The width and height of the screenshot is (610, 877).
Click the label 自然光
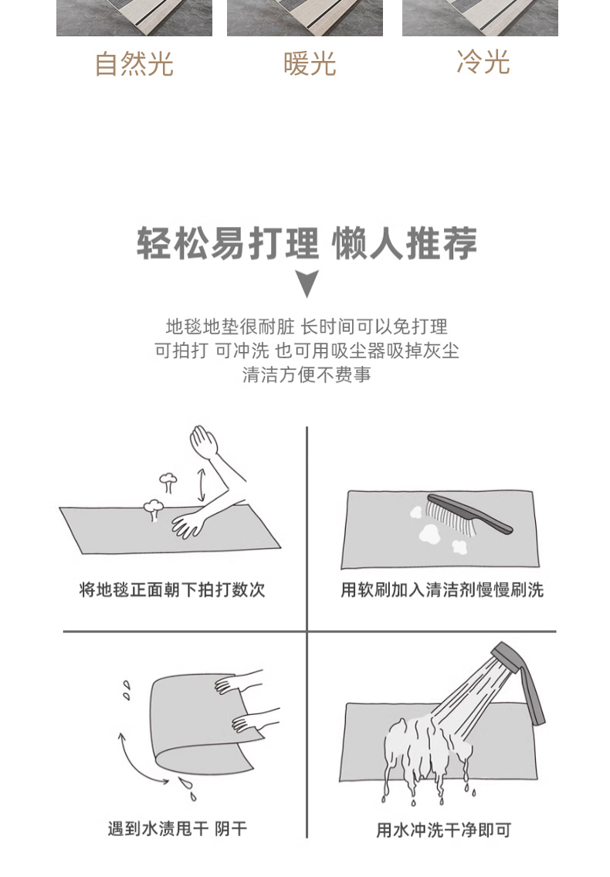click(x=134, y=63)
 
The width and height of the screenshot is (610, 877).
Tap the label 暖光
click(x=310, y=63)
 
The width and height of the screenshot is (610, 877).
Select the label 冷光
click(x=483, y=62)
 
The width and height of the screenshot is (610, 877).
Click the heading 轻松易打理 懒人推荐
click(x=307, y=244)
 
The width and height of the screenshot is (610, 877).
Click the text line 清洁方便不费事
click(x=307, y=374)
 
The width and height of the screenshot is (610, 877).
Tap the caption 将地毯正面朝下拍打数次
click(x=172, y=590)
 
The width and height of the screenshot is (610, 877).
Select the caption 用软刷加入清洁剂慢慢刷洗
click(x=442, y=590)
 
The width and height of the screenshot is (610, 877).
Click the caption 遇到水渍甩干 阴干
click(x=178, y=828)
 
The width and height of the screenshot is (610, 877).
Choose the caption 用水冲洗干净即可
click(x=443, y=830)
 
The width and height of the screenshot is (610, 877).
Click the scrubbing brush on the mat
click(x=469, y=513)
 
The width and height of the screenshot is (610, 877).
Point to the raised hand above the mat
click(x=204, y=442)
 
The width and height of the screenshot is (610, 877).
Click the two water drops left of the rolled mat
click(x=127, y=689)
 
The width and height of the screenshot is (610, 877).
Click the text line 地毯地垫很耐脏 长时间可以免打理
click(x=307, y=327)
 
